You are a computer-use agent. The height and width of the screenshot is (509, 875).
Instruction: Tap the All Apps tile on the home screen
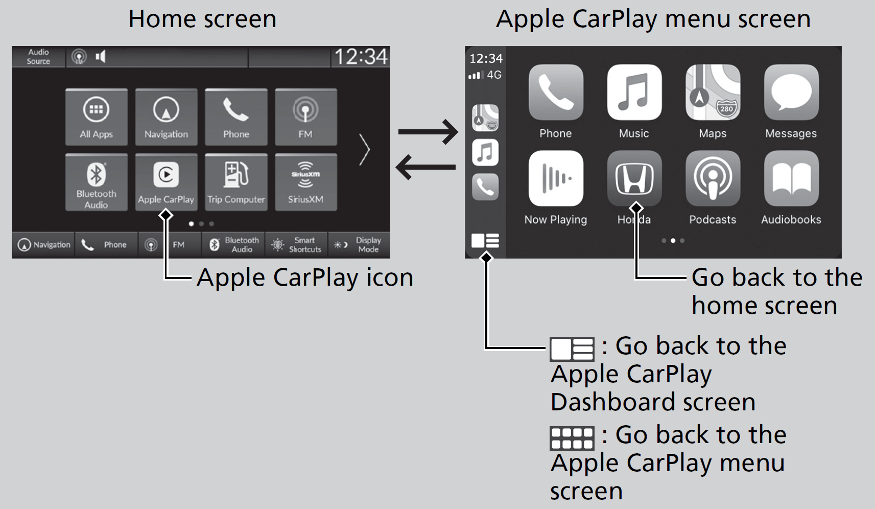(x=97, y=117)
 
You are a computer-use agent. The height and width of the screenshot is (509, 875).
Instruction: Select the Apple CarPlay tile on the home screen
(x=166, y=181)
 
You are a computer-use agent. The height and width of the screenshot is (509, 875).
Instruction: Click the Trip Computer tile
(x=236, y=181)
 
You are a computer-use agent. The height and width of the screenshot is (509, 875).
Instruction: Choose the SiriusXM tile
(x=305, y=181)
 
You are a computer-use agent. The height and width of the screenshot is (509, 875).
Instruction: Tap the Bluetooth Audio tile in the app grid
(x=97, y=181)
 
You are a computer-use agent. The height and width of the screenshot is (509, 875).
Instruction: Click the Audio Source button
(x=38, y=57)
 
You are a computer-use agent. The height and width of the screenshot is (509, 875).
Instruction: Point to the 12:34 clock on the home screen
(x=361, y=57)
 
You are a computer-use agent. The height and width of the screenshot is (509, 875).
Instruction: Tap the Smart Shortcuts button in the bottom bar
(x=297, y=245)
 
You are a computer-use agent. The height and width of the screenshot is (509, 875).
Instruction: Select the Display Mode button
(x=360, y=245)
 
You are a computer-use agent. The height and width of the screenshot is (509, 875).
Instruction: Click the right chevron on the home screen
(x=364, y=150)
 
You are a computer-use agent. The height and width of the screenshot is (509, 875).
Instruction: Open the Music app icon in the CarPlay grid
(x=634, y=93)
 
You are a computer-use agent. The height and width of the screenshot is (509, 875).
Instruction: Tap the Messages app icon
(x=791, y=93)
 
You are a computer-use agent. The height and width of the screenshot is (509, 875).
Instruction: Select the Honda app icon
(x=634, y=178)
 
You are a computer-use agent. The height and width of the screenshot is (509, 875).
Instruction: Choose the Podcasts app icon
(x=713, y=178)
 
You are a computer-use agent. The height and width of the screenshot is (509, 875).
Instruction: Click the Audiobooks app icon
(x=791, y=178)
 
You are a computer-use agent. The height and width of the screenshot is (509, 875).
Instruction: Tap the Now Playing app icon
(x=556, y=178)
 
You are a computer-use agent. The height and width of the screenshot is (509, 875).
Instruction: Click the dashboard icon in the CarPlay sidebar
(x=485, y=241)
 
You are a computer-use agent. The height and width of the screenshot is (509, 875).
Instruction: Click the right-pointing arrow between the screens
(x=428, y=132)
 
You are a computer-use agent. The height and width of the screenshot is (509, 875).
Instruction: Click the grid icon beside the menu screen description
(x=572, y=438)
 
